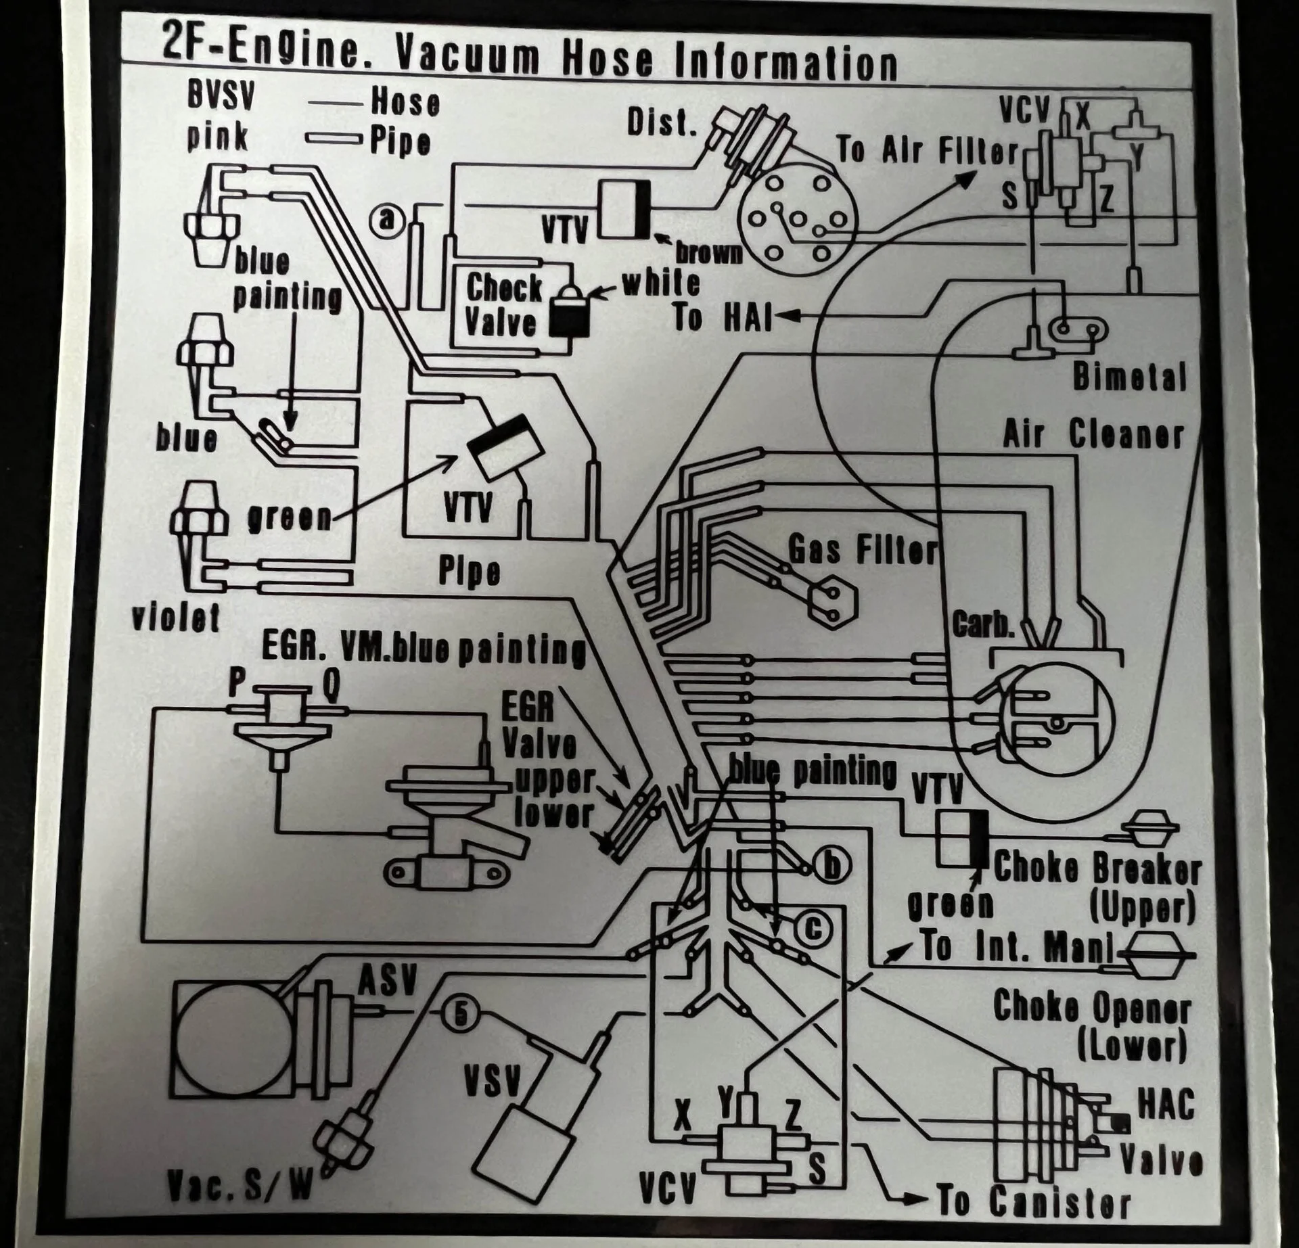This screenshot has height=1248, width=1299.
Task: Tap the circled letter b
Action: click(x=833, y=866)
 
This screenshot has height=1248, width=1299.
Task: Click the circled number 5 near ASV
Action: click(x=461, y=1013)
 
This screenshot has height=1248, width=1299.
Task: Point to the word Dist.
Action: click(x=661, y=122)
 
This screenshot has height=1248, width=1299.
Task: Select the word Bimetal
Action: click(x=1129, y=377)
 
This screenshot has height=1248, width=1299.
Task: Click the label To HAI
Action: click(x=723, y=318)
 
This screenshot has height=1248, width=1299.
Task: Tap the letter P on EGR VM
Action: click(x=236, y=682)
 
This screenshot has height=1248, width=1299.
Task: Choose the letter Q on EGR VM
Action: click(x=330, y=685)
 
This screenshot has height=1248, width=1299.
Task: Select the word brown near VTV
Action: click(x=709, y=253)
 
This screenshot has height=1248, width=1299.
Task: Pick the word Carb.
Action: click(x=984, y=624)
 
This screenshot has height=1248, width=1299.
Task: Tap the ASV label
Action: click(x=388, y=980)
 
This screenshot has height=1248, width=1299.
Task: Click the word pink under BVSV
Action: click(x=218, y=137)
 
